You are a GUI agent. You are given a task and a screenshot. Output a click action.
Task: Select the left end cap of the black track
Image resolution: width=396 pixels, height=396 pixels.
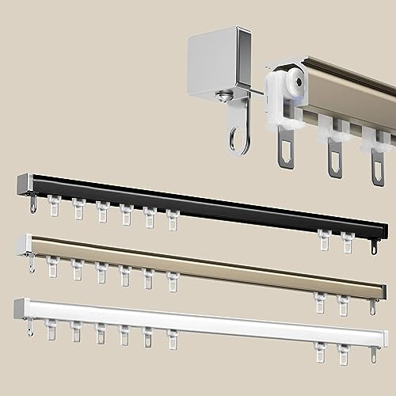[x=23, y=185]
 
